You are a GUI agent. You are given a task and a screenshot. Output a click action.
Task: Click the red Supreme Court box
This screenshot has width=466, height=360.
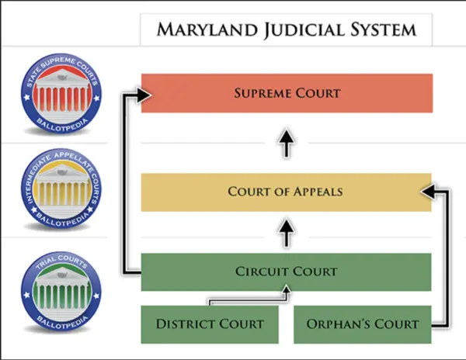(287, 93)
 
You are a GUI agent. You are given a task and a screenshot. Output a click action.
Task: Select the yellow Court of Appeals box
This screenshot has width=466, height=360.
(287, 192)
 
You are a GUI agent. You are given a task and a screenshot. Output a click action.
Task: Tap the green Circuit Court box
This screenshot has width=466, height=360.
(287, 272)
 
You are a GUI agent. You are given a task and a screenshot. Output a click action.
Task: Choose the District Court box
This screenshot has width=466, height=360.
(210, 324)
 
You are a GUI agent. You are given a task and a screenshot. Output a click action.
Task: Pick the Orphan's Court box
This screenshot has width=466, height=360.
(362, 324)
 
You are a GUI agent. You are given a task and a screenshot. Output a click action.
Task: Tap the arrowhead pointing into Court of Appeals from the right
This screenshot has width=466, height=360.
(427, 189)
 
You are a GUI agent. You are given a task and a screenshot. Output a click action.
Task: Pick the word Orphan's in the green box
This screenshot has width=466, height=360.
(335, 324)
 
